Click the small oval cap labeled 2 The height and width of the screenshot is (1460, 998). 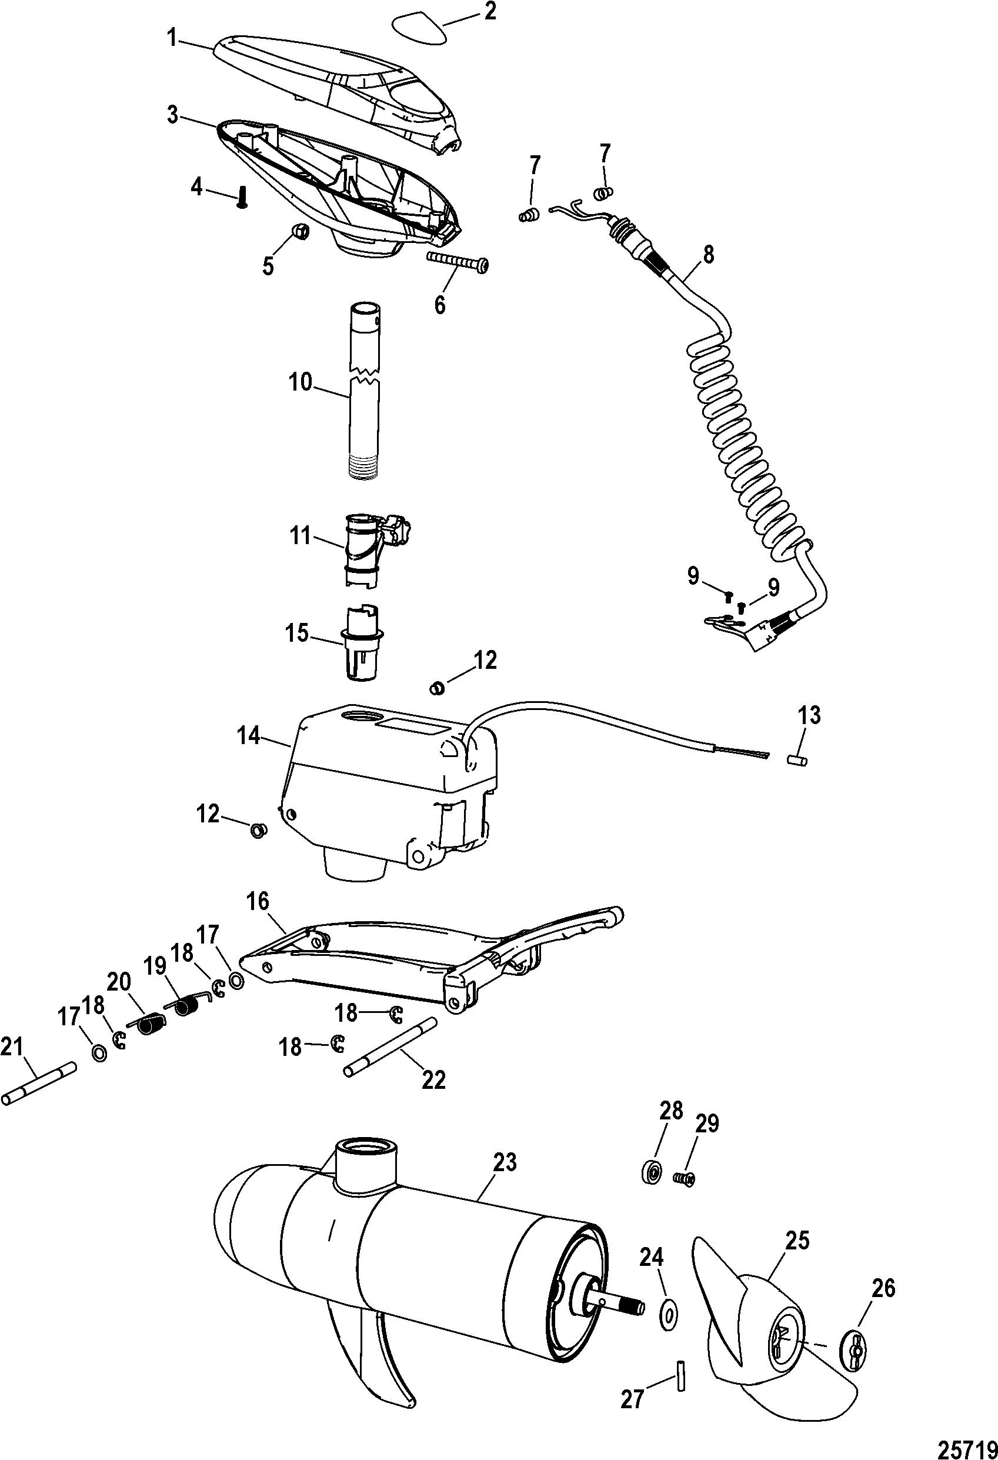[x=418, y=29]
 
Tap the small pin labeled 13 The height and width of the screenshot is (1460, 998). [x=797, y=761]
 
